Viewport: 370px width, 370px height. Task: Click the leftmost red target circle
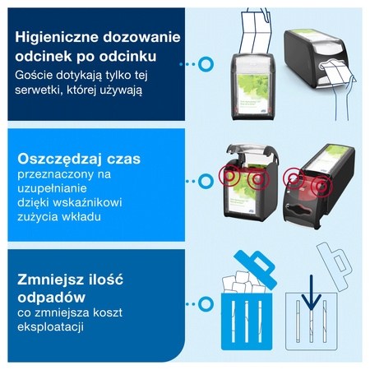(232, 176)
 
